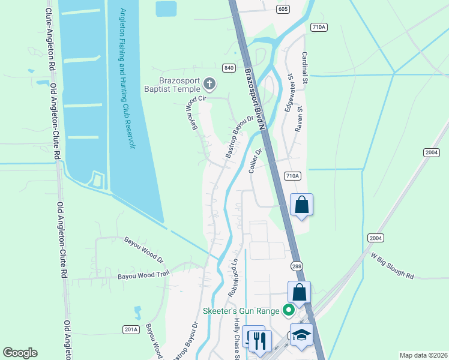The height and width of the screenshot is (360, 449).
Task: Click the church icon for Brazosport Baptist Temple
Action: tap(209, 83)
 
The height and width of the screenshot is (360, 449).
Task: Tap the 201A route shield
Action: tap(131, 329)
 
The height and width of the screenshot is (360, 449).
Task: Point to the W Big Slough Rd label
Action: tap(393, 267)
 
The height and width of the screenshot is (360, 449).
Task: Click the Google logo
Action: tap(20, 353)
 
